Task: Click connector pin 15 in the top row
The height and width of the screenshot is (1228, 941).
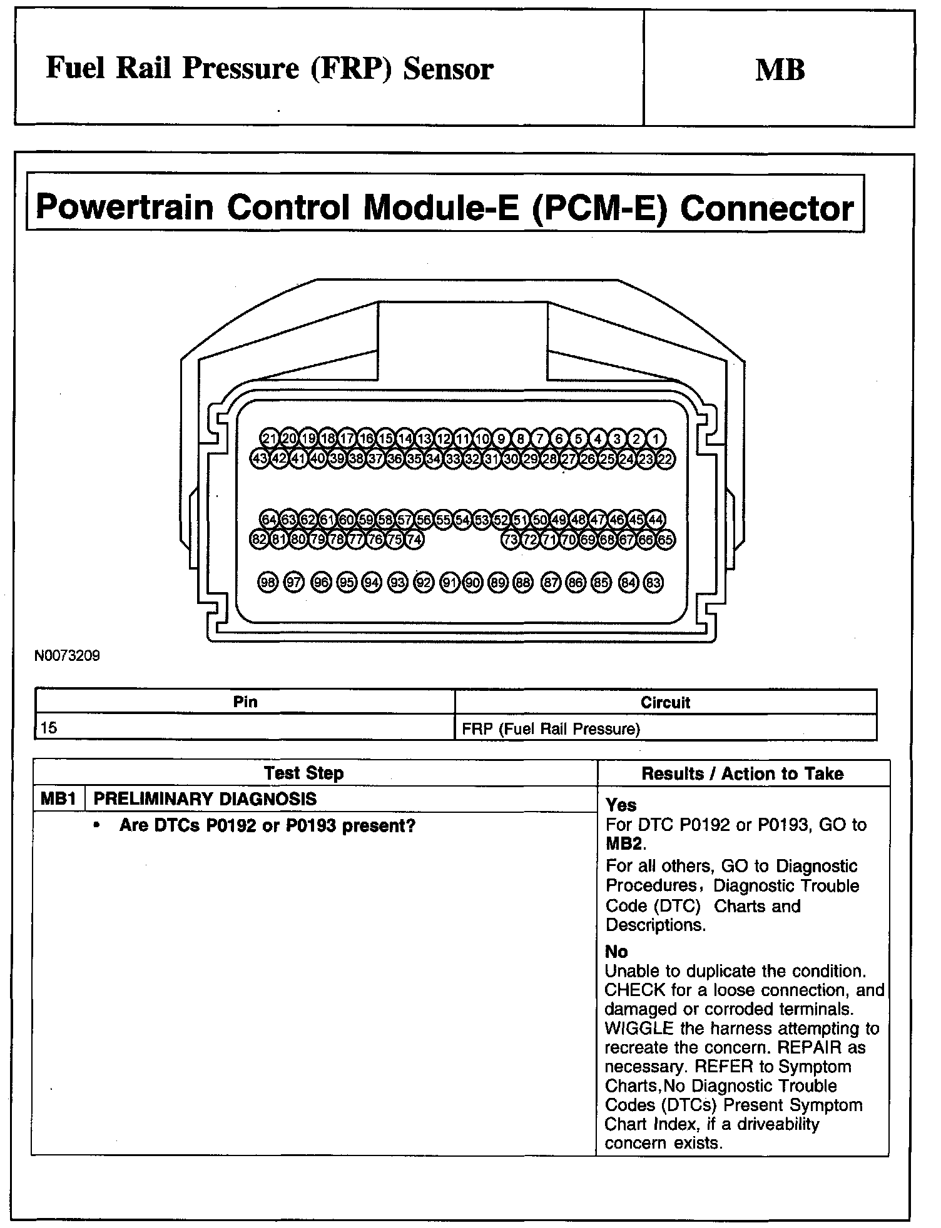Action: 385,438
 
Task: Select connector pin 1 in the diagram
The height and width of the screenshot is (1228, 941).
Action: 656,438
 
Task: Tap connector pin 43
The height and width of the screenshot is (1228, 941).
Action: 259,459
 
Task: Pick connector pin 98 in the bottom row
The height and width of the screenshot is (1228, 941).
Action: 267,583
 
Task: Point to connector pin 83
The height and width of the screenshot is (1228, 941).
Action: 653,583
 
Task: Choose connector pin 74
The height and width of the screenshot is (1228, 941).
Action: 414,540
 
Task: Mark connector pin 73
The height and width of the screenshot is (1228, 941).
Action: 511,540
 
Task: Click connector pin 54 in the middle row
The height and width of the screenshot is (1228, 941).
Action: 462,520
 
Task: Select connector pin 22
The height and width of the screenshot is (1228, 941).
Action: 665,459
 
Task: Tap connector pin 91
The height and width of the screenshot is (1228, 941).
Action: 449,583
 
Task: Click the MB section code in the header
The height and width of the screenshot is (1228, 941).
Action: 780,69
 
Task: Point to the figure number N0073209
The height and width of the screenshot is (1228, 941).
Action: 67,657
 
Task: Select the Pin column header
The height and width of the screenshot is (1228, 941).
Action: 245,702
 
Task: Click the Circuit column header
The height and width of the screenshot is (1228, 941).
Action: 665,702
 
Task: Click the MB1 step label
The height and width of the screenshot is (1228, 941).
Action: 58,799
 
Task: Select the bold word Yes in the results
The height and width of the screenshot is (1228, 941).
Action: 621,805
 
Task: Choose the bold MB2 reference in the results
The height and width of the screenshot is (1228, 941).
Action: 624,843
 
